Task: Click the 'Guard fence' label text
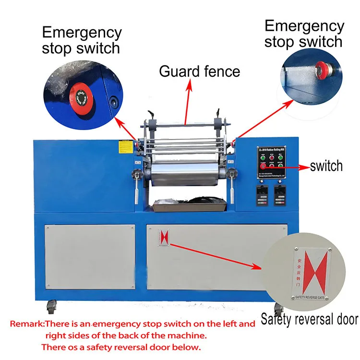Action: coord(199,72)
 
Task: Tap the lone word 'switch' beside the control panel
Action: coord(326,166)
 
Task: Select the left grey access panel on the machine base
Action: coord(90,256)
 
